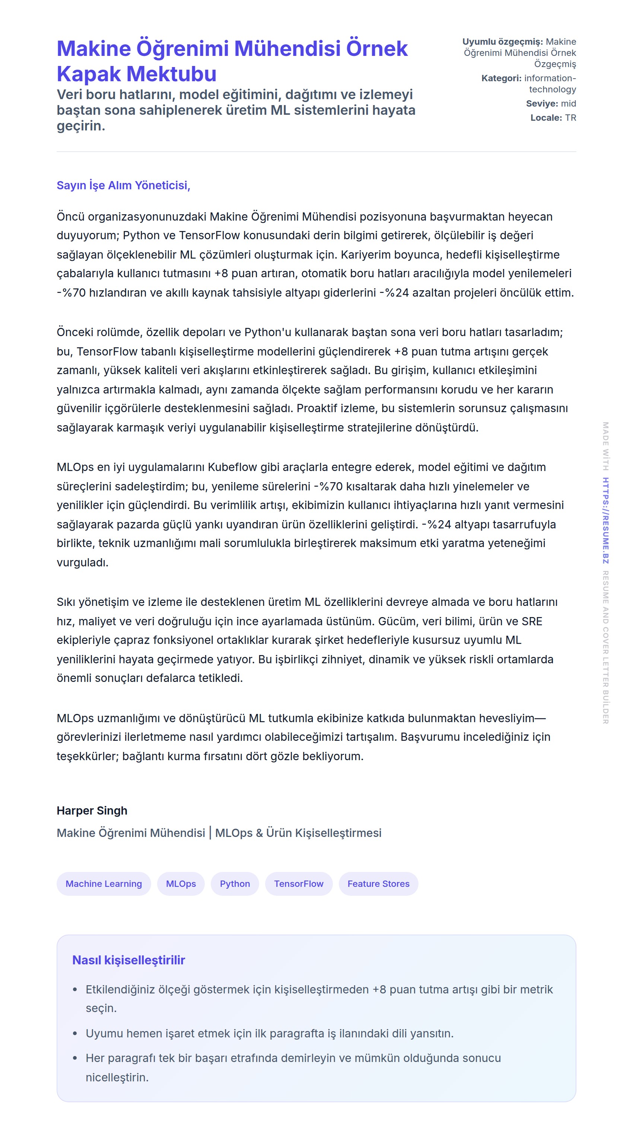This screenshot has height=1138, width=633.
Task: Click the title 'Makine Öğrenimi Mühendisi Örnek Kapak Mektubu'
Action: tap(232, 61)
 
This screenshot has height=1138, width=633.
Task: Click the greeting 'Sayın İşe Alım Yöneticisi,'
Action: tap(123, 185)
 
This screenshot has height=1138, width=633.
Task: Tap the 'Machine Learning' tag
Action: tap(104, 883)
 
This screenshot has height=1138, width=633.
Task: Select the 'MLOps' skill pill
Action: tap(181, 883)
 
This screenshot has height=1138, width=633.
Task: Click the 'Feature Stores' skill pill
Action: tap(378, 883)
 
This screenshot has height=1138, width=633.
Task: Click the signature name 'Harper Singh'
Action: tap(92, 810)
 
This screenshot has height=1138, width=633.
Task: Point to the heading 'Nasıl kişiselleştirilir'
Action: tap(128, 960)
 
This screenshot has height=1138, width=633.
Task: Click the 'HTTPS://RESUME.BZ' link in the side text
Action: tap(605, 521)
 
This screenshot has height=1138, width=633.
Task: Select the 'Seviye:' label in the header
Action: tap(542, 103)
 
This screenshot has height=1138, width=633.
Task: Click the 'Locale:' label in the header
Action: tap(545, 117)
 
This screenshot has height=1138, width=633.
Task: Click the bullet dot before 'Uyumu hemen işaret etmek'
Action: tap(75, 1033)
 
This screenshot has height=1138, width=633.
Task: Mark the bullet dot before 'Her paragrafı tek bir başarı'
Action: tap(75, 1058)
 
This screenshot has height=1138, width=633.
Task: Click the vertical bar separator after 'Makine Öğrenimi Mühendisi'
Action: tap(210, 832)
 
